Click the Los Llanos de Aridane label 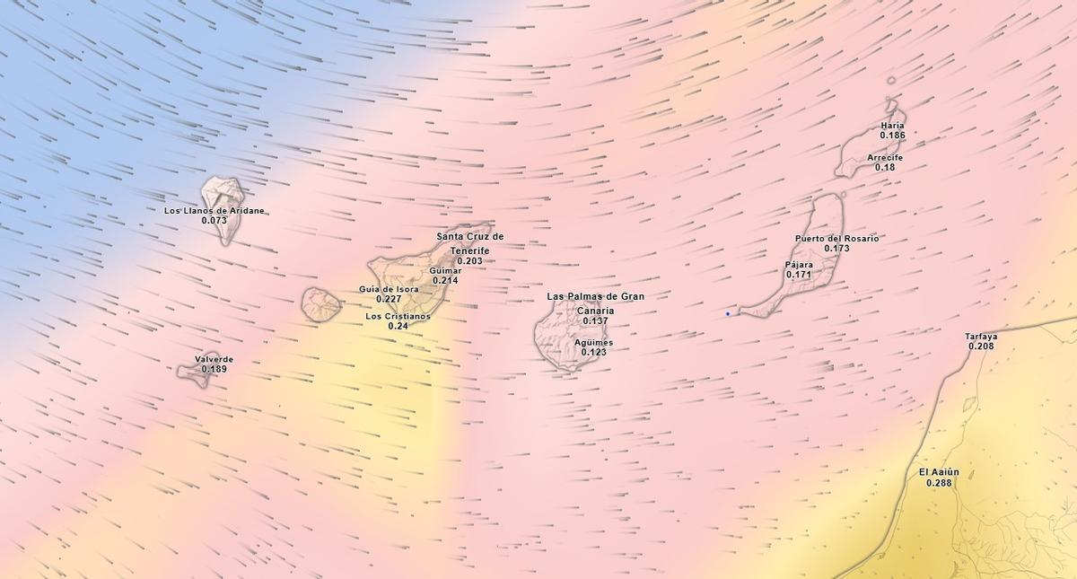[215, 211]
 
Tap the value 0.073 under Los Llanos [215, 221]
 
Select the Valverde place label [214, 359]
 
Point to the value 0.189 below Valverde [214, 369]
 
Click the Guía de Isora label [389, 289]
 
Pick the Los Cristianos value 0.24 [398, 326]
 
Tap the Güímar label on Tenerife [445, 270]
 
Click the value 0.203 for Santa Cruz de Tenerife [469, 261]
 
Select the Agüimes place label [593, 342]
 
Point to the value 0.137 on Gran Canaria [595, 320]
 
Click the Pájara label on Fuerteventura [799, 265]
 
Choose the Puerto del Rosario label [836, 239]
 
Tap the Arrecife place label [885, 157]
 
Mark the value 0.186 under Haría [892, 136]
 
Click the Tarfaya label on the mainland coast [981, 337]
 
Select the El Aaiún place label [939, 472]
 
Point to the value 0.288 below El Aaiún [939, 483]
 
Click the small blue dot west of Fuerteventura [728, 313]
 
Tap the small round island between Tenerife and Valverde [320, 304]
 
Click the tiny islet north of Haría [891, 81]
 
